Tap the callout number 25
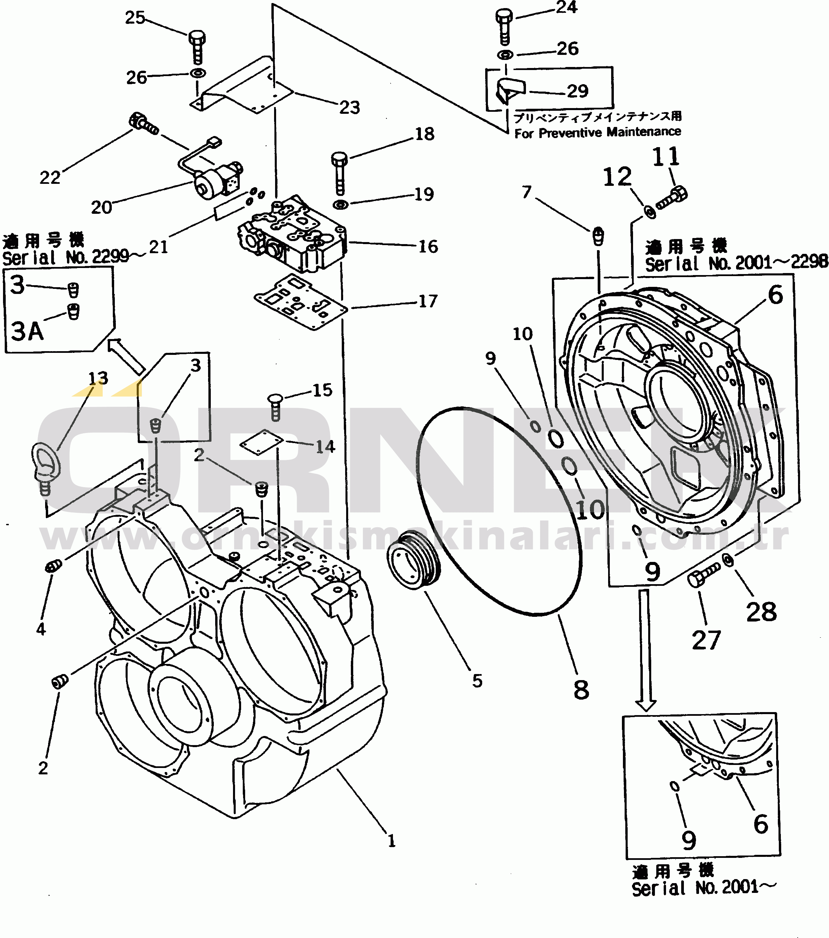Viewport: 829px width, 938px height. click(135, 18)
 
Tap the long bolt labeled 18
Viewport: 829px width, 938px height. click(339, 172)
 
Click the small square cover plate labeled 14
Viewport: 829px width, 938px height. click(262, 442)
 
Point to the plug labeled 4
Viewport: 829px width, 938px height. click(54, 567)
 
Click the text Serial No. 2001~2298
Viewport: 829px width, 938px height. click(736, 263)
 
